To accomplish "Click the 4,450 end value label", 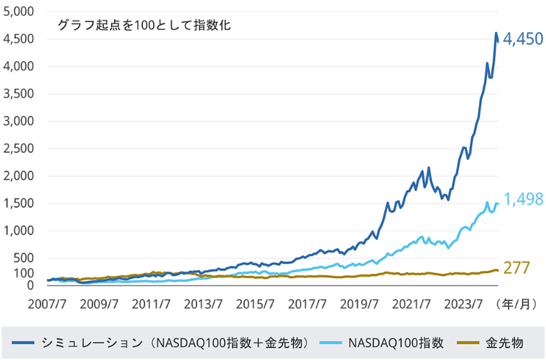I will pyautogui.click(x=523, y=40).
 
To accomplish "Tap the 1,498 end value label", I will pyautogui.click(x=523, y=199).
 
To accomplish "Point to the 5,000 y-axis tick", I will pyautogui.click(x=19, y=12).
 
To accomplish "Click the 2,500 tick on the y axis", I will pyautogui.click(x=19, y=149).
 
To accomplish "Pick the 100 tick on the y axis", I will pyautogui.click(x=25, y=273).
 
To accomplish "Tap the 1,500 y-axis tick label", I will pyautogui.click(x=19, y=203).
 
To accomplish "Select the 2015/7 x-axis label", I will pyautogui.click(x=254, y=303).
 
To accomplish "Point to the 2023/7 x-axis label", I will pyautogui.click(x=461, y=303).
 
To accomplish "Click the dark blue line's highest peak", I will pyautogui.click(x=496, y=33).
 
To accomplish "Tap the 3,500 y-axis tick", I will pyautogui.click(x=19, y=94).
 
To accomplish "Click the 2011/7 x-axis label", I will pyautogui.click(x=151, y=303).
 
